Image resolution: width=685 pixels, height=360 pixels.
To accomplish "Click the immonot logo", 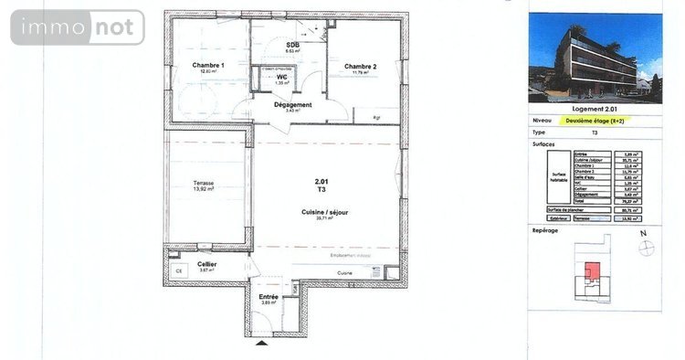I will point(78,27).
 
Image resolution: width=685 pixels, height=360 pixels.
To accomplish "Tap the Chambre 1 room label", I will point(208,65).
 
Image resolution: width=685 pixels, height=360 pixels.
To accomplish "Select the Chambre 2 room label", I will point(361,67).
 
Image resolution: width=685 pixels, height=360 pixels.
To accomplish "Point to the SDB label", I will point(293,45).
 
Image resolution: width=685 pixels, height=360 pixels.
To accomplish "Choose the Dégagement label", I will point(293,104).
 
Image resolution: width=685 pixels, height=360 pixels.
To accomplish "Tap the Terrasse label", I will point(204,183).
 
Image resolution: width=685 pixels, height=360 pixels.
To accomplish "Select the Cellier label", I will point(207,264).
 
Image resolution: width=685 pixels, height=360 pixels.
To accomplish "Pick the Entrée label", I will point(269,297).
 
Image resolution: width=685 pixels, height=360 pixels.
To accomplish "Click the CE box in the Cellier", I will point(178,271).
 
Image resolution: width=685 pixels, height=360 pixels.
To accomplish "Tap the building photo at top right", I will point(595,55).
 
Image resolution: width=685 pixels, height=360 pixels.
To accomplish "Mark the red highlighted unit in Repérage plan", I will point(593,270).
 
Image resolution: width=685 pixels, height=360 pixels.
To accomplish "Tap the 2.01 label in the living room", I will point(321,182).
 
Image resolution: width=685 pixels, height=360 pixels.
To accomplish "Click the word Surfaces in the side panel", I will point(543,143).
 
